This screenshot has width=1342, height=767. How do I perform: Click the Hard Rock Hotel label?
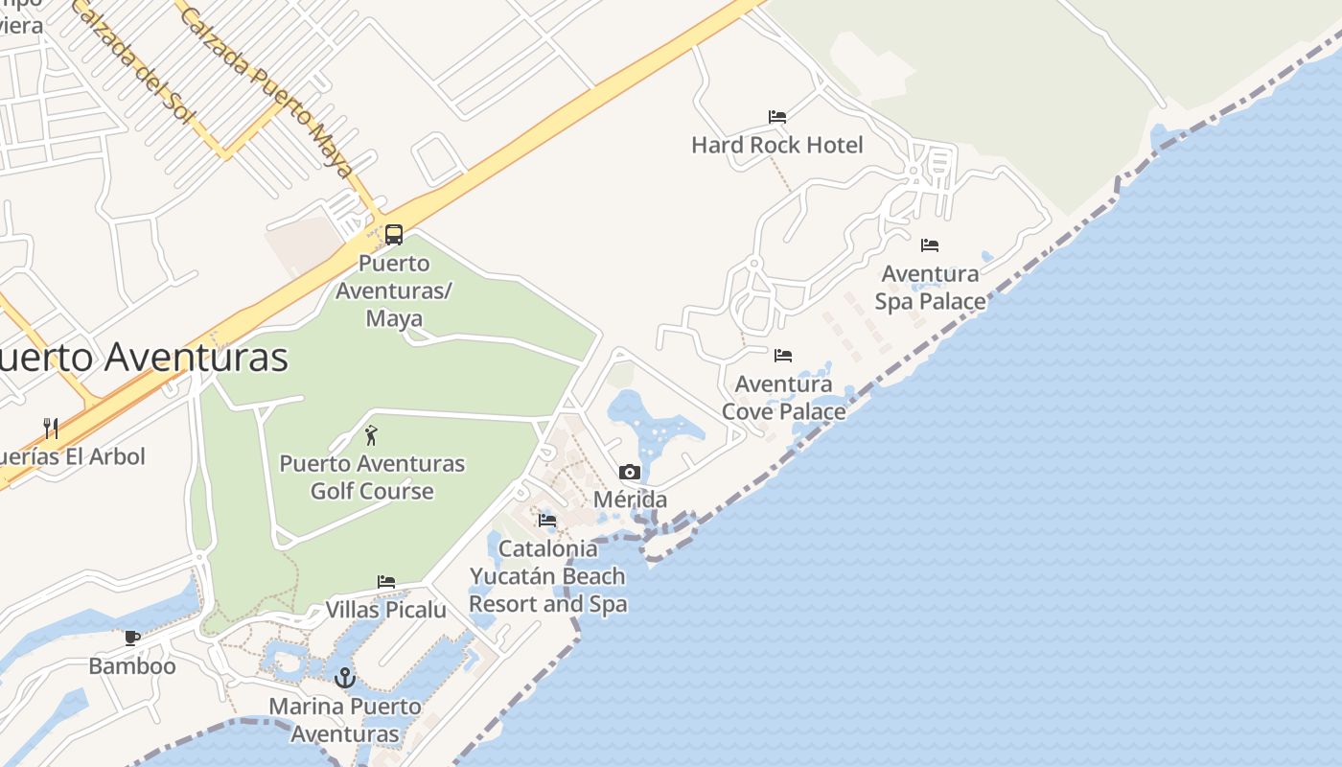[777, 145]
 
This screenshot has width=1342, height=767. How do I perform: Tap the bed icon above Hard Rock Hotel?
[777, 117]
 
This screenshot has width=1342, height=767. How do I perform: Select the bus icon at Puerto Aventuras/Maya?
[394, 235]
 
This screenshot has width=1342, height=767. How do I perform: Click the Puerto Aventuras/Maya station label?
[394, 291]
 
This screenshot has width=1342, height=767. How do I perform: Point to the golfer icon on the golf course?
[371, 435]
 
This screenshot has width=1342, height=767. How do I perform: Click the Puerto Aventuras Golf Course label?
[372, 477]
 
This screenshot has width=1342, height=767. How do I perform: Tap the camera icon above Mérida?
[630, 472]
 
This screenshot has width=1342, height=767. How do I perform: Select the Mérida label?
[630, 500]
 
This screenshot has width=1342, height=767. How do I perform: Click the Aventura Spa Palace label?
[930, 288]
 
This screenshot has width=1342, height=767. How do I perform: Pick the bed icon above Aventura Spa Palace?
[930, 245]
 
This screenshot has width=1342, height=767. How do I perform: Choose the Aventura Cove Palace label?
[783, 398]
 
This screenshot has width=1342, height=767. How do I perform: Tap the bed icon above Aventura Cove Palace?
[783, 356]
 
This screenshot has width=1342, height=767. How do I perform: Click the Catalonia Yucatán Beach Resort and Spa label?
[547, 576]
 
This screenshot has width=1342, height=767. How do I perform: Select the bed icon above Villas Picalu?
[386, 582]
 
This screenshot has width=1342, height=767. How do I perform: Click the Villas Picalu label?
[386, 610]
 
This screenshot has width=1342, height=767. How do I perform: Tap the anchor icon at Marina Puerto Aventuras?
[344, 678]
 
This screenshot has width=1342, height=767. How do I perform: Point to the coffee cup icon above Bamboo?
[132, 638]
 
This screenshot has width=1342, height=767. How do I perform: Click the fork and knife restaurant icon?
[51, 428]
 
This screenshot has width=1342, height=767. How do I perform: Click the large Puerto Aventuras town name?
[144, 357]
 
